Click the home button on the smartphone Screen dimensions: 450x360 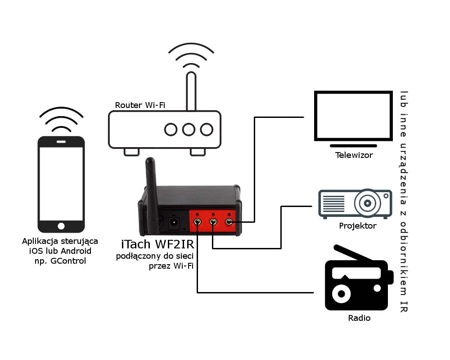(61, 226)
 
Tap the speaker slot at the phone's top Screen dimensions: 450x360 (61, 142)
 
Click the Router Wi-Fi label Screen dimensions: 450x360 (140, 105)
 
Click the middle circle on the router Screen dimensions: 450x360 (189, 130)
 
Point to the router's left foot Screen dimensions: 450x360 (131, 152)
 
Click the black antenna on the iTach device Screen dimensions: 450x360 (152, 195)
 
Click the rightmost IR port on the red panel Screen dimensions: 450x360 (229, 222)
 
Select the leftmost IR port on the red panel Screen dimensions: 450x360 (197, 222)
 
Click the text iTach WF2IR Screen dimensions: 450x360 (157, 244)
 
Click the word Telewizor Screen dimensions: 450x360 (354, 155)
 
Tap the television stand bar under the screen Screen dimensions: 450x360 (353, 146)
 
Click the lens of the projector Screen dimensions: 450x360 (367, 203)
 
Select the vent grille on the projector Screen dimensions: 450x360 (333, 203)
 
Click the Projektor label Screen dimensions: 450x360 (358, 226)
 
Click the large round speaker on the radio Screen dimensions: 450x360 (341, 294)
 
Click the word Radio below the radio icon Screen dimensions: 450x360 (359, 318)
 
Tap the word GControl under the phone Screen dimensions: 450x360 (68, 261)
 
